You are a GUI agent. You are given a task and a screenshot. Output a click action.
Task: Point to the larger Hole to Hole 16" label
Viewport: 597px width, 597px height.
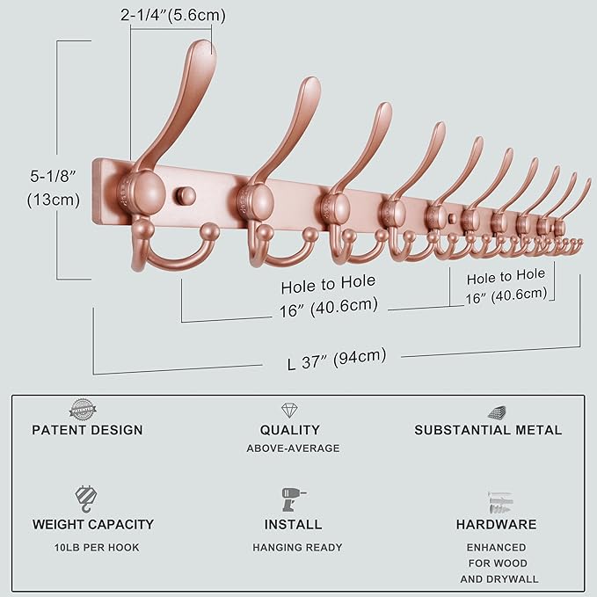point(329,295)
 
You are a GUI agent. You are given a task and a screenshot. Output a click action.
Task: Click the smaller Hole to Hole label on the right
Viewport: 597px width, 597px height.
point(506,286)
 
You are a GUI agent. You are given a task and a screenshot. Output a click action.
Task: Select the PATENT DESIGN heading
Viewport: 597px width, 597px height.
point(87,430)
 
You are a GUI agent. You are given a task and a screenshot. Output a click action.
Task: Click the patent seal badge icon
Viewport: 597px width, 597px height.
point(84,409)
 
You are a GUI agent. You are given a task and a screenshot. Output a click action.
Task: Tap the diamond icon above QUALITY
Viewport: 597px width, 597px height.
point(289,411)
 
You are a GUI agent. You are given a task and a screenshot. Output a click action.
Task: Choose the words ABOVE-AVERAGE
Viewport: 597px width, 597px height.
point(293,448)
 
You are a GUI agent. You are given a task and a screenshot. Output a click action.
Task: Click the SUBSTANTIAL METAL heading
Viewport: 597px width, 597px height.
point(488,430)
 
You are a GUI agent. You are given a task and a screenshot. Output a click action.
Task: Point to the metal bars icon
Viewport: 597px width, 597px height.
point(497,411)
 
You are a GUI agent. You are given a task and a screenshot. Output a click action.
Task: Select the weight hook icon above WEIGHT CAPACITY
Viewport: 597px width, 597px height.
point(85,500)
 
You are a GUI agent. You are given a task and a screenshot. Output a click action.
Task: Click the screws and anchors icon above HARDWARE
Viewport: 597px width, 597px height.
point(497,502)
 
